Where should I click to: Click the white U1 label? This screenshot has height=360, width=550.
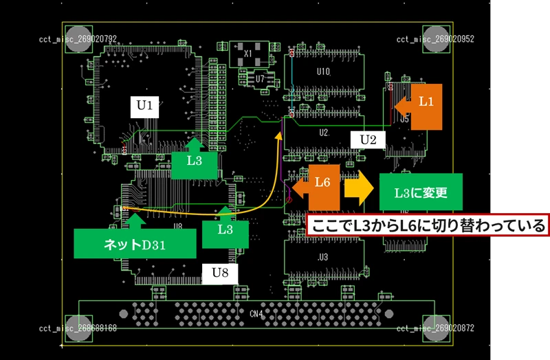pos(144,106)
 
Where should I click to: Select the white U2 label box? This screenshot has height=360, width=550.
pos(368,140)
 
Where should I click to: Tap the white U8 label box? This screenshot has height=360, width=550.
pos(220,273)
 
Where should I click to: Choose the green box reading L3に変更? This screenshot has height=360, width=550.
pos(420,192)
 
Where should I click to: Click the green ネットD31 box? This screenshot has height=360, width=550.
pos(135,243)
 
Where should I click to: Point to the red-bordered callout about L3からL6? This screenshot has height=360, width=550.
pos(428,225)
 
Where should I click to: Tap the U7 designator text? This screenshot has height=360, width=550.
pos(259,79)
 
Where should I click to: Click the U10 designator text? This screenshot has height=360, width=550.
pos(322,71)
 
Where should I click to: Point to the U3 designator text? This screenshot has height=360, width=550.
pos(322,257)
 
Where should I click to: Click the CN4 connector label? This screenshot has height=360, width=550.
pos(256,315)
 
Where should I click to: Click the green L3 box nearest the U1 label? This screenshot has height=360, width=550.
pos(195,161)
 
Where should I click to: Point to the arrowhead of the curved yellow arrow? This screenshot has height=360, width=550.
pos(280,135)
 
